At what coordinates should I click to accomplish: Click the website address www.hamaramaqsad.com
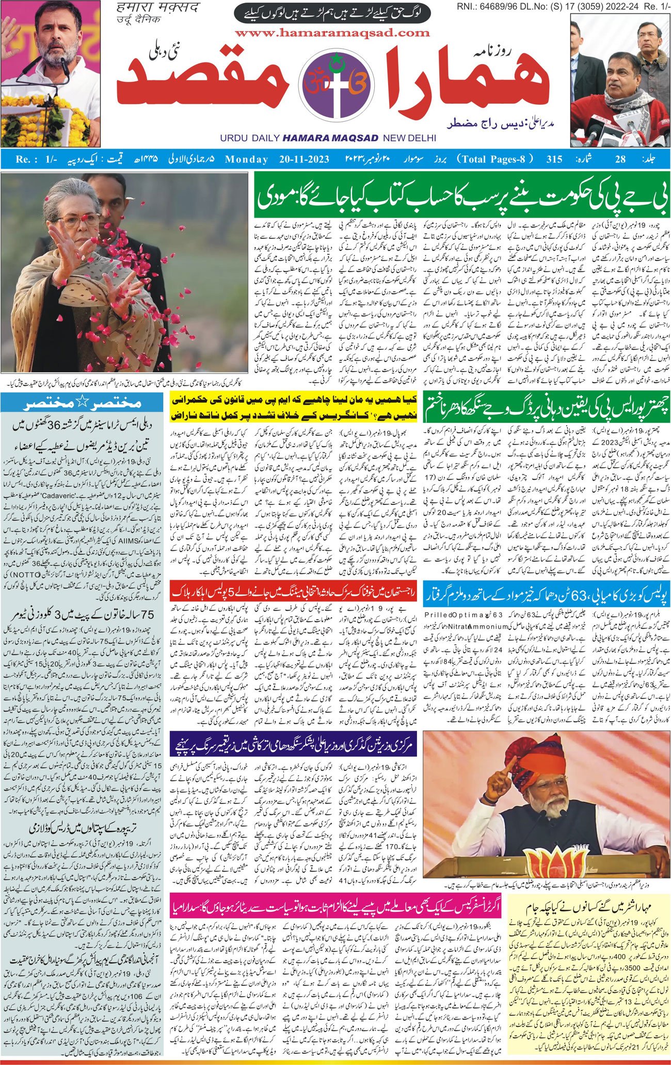333,33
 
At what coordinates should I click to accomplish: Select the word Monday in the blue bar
246,159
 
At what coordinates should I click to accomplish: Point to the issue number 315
554,159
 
